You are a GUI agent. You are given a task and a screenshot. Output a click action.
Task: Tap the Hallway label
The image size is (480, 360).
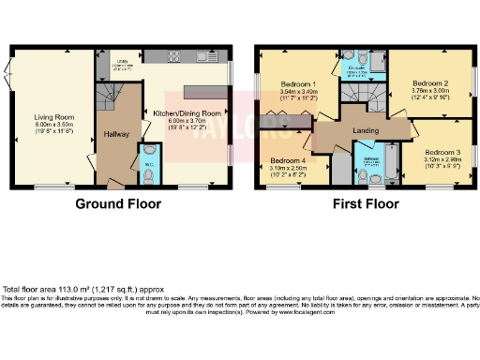point(116,134)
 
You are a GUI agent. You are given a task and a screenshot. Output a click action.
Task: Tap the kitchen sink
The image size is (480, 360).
point(203,58)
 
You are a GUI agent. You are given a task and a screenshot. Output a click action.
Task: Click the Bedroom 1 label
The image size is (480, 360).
point(301,84)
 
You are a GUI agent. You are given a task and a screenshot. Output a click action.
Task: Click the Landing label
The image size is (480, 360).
point(365,130)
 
